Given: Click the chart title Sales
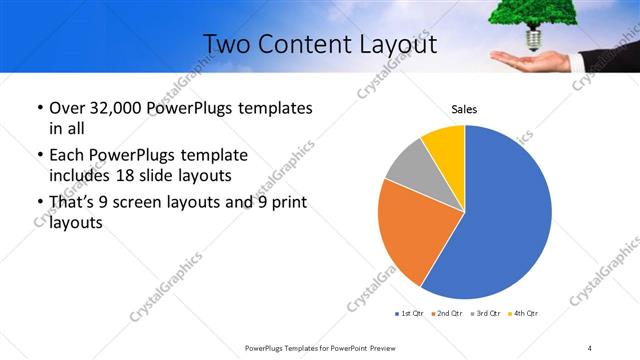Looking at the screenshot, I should tap(464, 109).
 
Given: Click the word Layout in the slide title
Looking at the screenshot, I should tap(392, 44).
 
